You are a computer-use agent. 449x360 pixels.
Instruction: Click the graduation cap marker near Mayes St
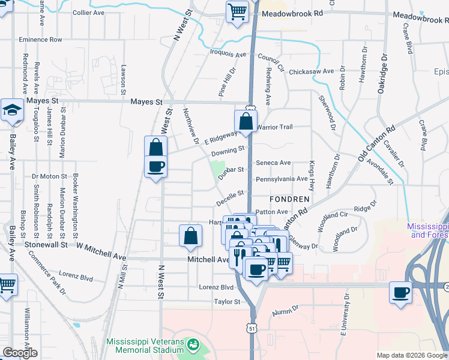point(11,110)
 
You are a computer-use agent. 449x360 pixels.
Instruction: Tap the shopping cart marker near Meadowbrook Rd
point(237,12)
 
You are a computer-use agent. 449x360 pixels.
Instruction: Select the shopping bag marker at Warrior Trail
point(246,122)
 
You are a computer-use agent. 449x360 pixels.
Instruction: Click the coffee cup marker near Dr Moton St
point(155,167)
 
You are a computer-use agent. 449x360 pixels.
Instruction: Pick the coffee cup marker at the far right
point(400,293)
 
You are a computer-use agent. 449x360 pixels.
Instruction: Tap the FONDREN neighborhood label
point(289,199)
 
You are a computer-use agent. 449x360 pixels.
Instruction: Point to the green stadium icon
point(193,345)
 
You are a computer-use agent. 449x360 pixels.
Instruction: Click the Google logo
point(20,353)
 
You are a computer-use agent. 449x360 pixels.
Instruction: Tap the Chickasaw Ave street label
point(311,71)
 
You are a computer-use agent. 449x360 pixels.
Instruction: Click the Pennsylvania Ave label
point(282,179)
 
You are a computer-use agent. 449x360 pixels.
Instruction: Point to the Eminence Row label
point(40,40)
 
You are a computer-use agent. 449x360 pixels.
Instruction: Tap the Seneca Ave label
point(273,163)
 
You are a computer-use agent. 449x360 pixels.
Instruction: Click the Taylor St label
point(227,302)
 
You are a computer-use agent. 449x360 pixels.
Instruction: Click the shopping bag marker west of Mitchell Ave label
point(190,236)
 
